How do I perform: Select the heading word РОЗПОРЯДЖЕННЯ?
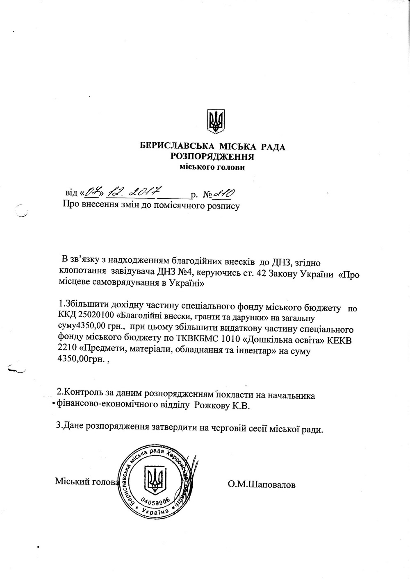(212, 156)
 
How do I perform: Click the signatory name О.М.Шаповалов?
(262, 485)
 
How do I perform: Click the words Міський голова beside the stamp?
(87, 481)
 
